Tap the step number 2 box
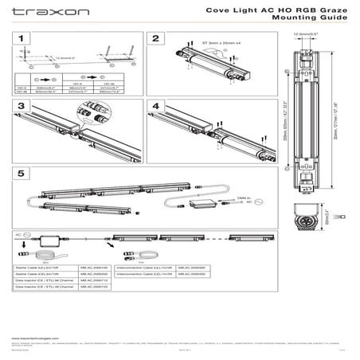pyautogui.click(x=156, y=40)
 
